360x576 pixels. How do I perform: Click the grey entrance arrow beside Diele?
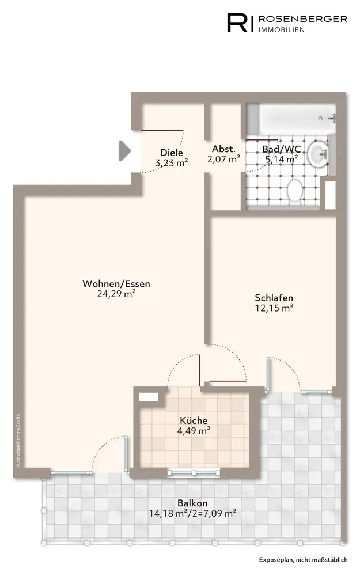(124, 150)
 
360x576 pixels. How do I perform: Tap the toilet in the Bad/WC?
(294, 191)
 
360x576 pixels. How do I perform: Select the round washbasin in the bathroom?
(319, 154)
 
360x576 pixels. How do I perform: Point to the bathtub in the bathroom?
(290, 119)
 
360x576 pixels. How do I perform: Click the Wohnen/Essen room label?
(116, 283)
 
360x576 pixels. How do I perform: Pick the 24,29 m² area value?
(116, 294)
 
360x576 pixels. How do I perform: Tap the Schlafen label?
(274, 298)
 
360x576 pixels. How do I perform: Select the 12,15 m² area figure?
(274, 308)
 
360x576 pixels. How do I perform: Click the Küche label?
(194, 420)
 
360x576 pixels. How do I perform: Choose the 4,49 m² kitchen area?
(194, 430)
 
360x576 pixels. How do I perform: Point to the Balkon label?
(192, 503)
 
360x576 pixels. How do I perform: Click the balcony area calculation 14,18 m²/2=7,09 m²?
(192, 513)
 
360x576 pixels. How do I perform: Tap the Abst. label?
(223, 149)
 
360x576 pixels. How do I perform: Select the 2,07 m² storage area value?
(223, 160)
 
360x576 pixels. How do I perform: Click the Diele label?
(172, 153)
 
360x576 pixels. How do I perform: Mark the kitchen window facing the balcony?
(194, 473)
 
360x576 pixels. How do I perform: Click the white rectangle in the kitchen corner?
(149, 397)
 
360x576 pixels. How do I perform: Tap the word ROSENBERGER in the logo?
(303, 19)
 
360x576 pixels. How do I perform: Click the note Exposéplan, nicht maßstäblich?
(303, 560)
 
